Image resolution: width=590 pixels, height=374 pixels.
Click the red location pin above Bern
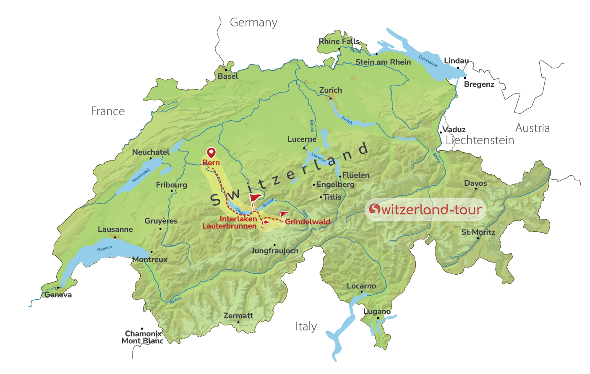pyautogui.click(x=211, y=153)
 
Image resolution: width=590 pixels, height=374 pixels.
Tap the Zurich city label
pyautogui.click(x=331, y=90)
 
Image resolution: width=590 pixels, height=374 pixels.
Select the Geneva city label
pyautogui.click(x=58, y=295)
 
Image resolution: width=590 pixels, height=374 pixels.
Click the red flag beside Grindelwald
pyautogui.click(x=284, y=214)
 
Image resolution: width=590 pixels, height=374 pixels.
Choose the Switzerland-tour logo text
pyautogui.click(x=426, y=209)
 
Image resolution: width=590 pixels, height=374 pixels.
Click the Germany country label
pyautogui.click(x=253, y=23)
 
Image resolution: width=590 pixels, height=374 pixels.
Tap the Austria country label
pyautogui.click(x=532, y=128)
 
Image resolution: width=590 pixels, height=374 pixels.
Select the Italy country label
pyautogui.click(x=306, y=326)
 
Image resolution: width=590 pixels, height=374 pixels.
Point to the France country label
pyautogui.click(x=108, y=111)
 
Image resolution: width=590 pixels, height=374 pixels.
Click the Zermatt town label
pyautogui.click(x=238, y=315)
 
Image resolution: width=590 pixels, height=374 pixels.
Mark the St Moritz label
pyautogui.click(x=478, y=232)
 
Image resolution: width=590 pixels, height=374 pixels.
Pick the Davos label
pyautogui.click(x=475, y=183)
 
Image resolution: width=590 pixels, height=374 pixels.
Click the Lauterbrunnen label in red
pyautogui.click(x=230, y=226)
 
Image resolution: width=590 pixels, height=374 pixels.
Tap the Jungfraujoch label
pyautogui.click(x=275, y=251)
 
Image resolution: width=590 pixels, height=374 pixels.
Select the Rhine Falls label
pyautogui.click(x=339, y=41)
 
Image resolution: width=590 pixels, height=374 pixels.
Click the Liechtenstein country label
pyautogui.click(x=480, y=140)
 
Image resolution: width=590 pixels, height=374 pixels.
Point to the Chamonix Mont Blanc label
pyautogui.click(x=143, y=337)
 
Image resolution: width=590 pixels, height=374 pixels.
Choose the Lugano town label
pyautogui.click(x=377, y=312)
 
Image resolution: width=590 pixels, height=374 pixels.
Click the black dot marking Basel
pyautogui.click(x=226, y=70)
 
